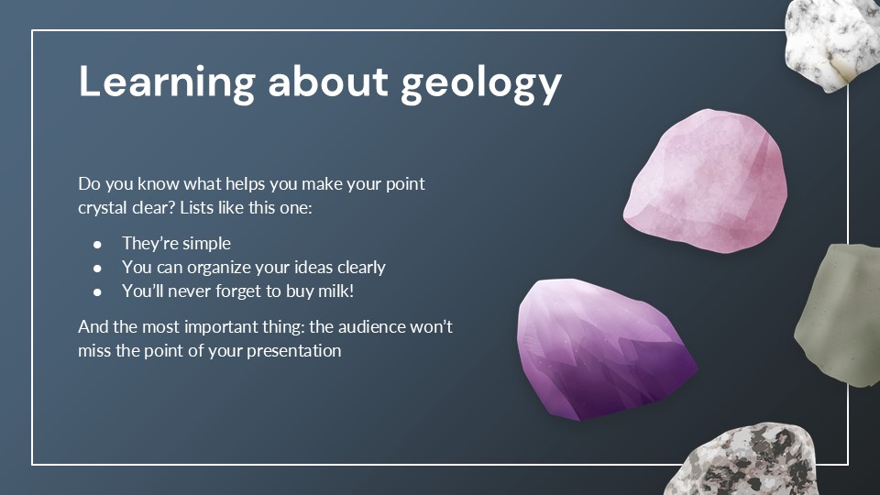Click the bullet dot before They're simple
[x=98, y=244]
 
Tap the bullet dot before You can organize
[x=98, y=268]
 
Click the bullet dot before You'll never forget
[x=98, y=291]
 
